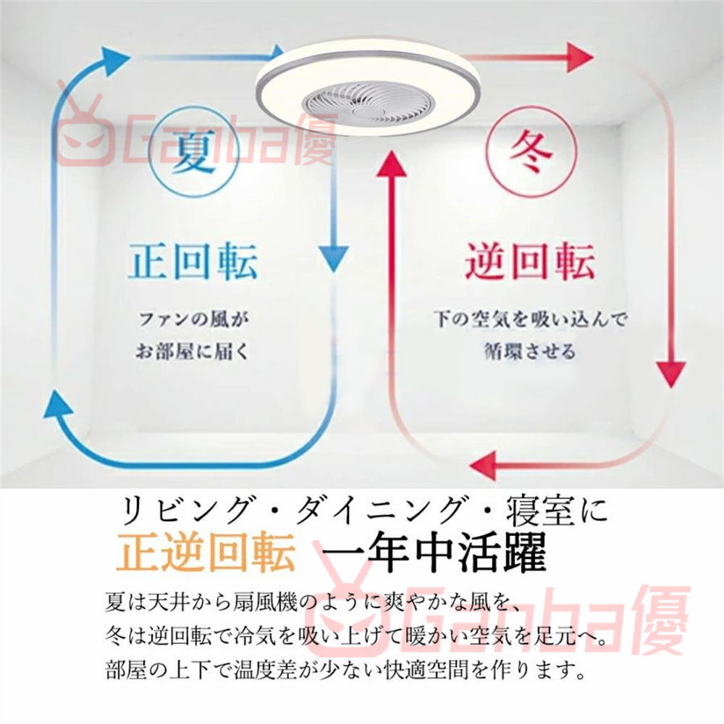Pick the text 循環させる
[x=530, y=353]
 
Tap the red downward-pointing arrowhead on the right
[x=673, y=376]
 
